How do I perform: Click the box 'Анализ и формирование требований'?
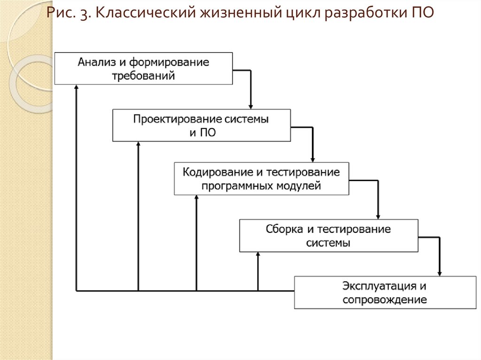[x=143, y=69]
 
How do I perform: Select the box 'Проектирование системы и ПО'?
[x=202, y=125]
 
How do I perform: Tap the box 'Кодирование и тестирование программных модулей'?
[x=261, y=178]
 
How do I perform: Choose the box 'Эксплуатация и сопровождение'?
[x=385, y=292]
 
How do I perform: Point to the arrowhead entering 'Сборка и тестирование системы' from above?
[x=378, y=216]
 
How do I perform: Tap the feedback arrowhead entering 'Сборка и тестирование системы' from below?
[x=258, y=255]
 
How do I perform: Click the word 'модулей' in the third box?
[x=303, y=186]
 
